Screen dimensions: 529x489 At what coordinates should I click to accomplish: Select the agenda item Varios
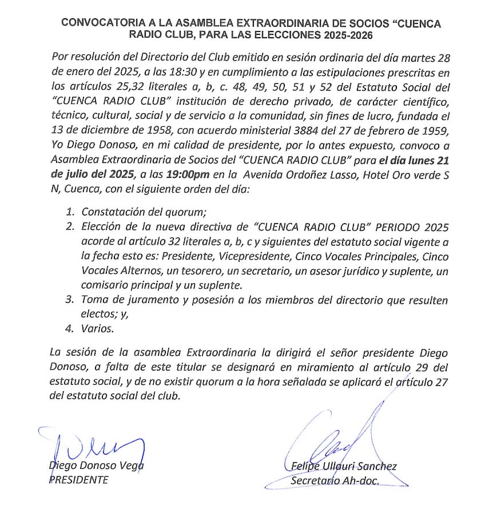[x=97, y=329]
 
